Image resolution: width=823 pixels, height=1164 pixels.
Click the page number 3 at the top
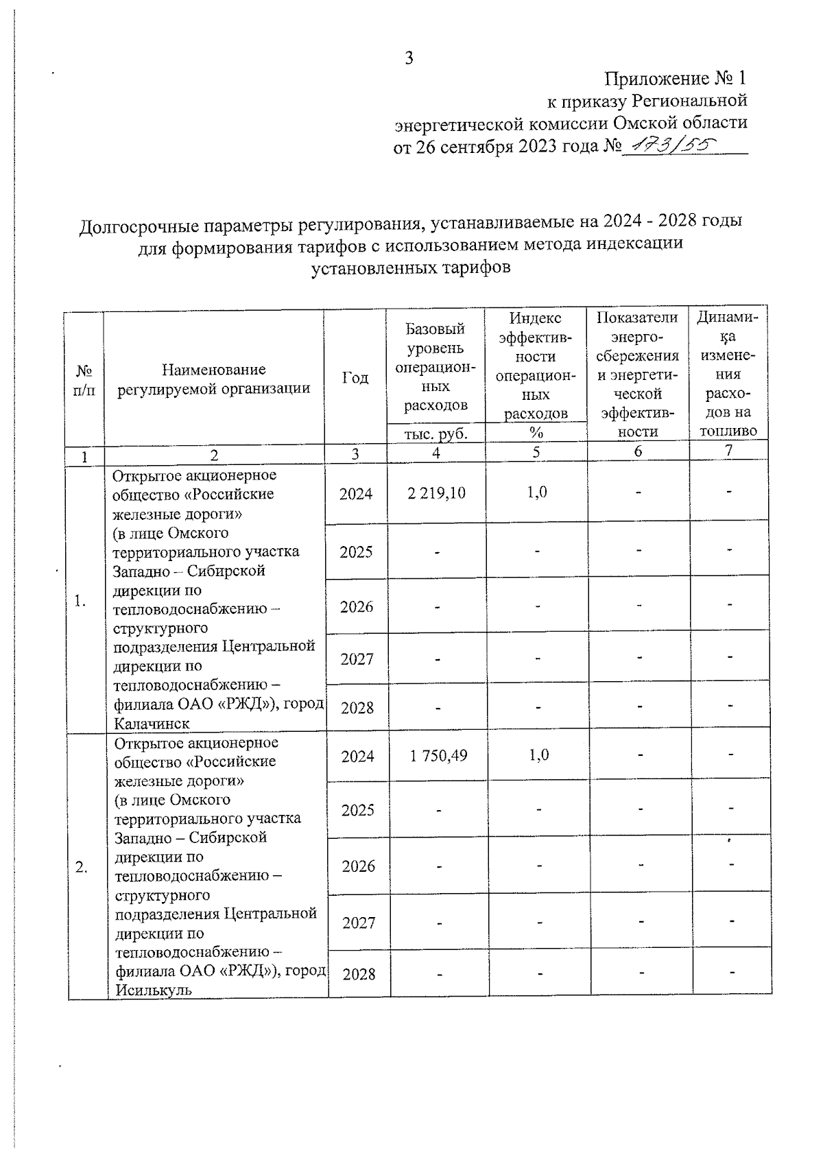click(409, 58)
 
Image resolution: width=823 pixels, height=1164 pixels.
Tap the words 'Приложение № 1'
click(675, 78)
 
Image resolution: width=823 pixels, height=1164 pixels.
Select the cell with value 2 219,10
click(436, 493)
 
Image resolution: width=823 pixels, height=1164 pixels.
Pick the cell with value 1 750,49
click(439, 756)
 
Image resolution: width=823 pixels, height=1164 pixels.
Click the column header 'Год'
click(355, 378)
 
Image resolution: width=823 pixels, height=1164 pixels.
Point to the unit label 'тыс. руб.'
click(436, 433)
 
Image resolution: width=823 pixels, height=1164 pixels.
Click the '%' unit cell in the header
click(536, 432)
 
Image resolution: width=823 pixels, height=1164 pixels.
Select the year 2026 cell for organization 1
click(357, 606)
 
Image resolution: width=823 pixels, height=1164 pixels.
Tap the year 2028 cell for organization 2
click(359, 973)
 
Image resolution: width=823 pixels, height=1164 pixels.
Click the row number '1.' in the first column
click(81, 602)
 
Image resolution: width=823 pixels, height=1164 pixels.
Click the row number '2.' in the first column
click(82, 867)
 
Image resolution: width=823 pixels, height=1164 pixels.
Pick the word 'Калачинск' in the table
click(152, 724)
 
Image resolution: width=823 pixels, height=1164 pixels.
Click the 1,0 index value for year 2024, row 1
click(537, 492)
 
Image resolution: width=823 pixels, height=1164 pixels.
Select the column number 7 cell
click(728, 450)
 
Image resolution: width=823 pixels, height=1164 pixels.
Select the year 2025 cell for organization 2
click(357, 810)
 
